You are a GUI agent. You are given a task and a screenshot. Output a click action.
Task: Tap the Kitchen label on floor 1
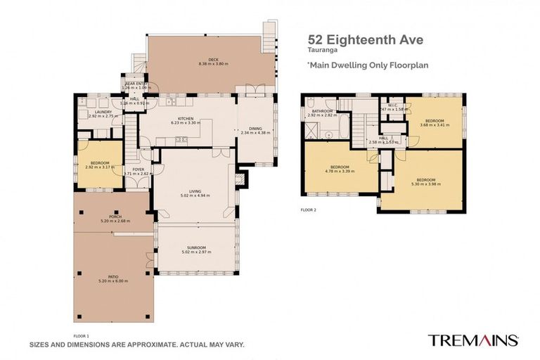tap(185, 118)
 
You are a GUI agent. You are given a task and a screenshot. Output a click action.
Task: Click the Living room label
tap(195, 190)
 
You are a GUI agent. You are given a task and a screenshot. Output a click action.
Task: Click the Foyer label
tap(138, 169)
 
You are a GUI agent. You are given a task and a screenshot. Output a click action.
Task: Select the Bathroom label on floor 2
tap(322, 110)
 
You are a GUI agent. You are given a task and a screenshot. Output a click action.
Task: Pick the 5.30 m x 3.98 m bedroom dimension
tap(425, 184)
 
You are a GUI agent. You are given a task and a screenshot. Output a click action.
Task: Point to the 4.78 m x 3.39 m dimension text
tap(340, 170)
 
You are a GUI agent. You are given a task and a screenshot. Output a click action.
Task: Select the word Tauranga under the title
tap(321, 51)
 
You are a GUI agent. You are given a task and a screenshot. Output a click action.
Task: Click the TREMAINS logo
tap(473, 340)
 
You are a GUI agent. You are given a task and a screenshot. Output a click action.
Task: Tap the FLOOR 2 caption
tap(308, 210)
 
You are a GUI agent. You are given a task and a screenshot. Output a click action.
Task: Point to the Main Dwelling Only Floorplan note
tap(368, 65)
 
